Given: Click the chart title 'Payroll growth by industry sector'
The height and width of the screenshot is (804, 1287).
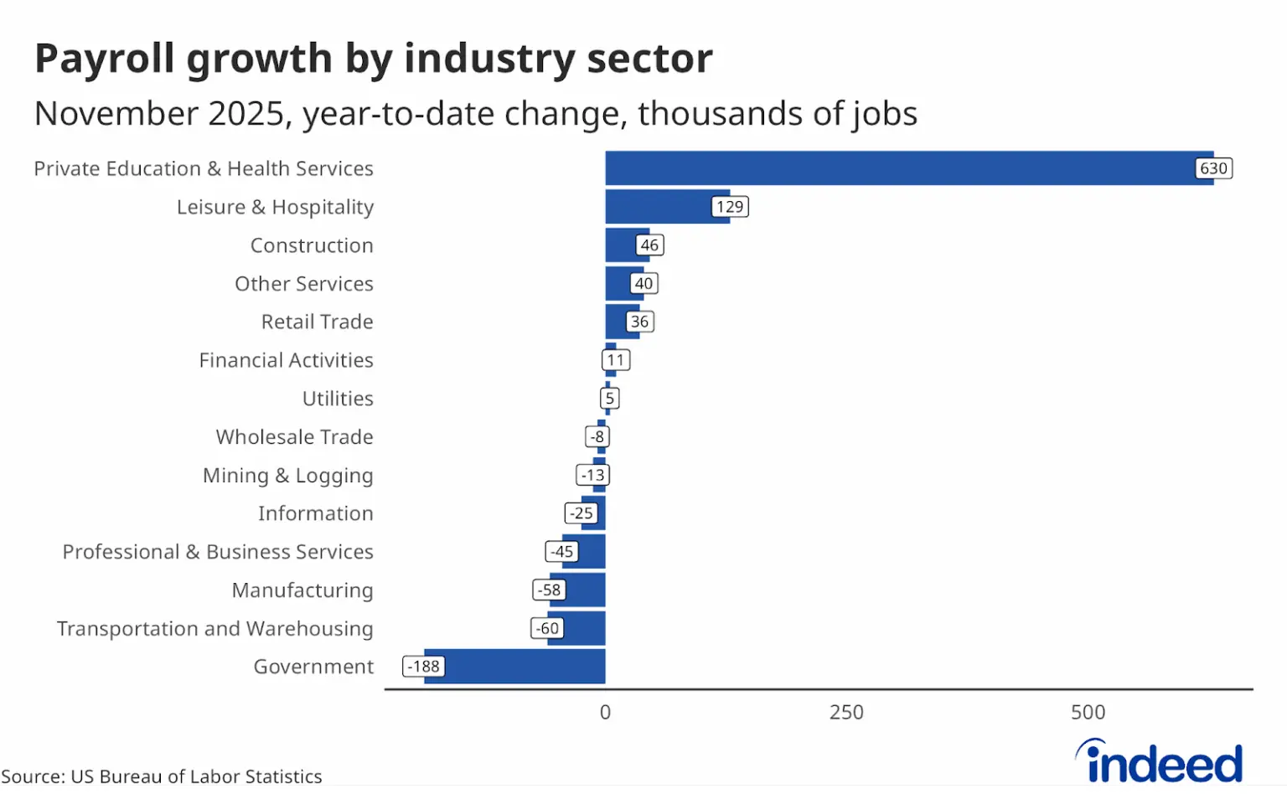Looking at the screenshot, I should click(374, 59).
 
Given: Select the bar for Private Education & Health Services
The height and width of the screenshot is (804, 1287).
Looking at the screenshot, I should click(897, 168).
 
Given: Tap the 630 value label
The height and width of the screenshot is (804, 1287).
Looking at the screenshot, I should click(1213, 168).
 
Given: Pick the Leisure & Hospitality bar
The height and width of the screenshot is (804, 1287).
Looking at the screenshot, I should click(658, 207).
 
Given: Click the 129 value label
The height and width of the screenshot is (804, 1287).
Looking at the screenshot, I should click(730, 207).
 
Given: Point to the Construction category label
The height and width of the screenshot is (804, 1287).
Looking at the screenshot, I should click(312, 245).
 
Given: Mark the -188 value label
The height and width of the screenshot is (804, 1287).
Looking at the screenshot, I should click(424, 667).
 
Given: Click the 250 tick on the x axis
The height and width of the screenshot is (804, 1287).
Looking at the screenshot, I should click(846, 713).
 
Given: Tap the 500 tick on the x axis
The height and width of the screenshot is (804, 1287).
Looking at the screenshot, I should click(1088, 713).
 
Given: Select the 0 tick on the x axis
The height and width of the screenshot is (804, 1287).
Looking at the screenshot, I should click(605, 713).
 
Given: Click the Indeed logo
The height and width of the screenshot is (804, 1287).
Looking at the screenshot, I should click(1160, 762).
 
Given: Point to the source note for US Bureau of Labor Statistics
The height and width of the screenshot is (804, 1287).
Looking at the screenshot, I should click(162, 776).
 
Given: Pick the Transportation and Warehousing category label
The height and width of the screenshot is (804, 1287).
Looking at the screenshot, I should click(214, 629).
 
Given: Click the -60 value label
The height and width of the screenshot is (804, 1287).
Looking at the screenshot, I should click(548, 628).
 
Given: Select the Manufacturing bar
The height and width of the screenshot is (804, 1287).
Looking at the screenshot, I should click(586, 590).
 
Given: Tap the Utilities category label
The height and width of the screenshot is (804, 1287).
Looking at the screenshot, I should click(338, 399).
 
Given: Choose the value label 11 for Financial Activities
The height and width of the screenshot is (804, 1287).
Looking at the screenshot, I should click(616, 360).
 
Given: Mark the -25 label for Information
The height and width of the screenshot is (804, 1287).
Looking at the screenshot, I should click(581, 513).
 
